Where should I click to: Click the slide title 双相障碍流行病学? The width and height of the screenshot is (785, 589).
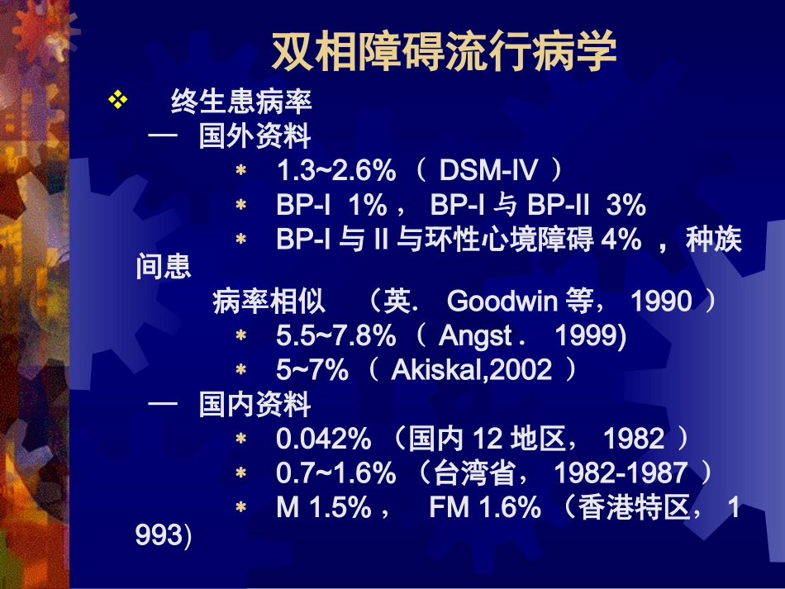click(444, 52)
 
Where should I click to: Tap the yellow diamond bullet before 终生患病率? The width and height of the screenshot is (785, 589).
click(117, 101)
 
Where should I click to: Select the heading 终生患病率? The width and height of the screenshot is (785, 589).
click(241, 102)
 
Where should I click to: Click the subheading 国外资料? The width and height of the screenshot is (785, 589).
click(255, 136)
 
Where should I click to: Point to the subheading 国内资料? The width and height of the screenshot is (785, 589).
click(255, 405)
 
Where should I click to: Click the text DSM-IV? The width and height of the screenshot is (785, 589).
click(488, 171)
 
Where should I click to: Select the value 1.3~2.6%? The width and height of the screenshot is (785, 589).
click(335, 171)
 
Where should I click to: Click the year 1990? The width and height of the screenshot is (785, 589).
click(661, 302)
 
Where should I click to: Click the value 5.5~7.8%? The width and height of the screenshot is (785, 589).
click(335, 336)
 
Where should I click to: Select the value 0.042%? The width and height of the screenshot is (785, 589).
click(325, 439)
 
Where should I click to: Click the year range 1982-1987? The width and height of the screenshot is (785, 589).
click(620, 473)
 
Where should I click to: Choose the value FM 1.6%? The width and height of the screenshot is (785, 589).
click(484, 507)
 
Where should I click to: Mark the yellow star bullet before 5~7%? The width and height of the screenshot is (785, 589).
click(241, 370)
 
